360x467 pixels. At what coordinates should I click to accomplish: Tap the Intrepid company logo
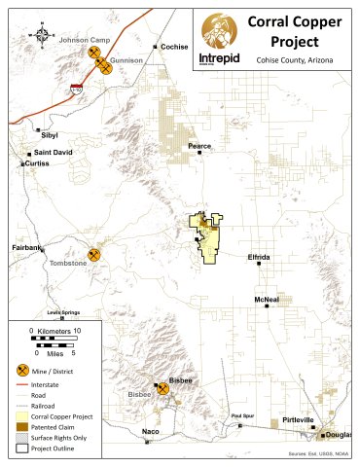click(221, 39)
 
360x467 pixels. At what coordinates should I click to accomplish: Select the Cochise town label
click(176, 46)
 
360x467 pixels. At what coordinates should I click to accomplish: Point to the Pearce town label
click(198, 146)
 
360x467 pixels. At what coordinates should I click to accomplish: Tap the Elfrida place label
click(260, 256)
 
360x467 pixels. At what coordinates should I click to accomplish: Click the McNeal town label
click(267, 300)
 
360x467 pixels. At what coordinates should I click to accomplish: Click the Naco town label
click(150, 430)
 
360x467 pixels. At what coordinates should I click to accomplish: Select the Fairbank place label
click(26, 248)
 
